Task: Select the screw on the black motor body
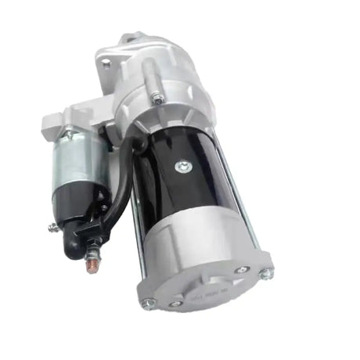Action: pyautogui.click(x=182, y=165)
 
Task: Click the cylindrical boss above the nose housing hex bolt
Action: pyautogui.click(x=148, y=74)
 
